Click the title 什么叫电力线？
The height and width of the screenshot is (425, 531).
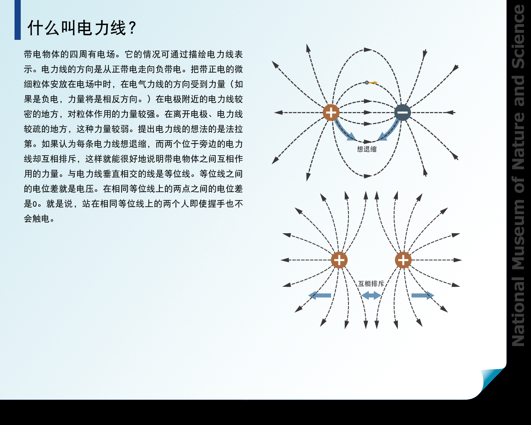82,28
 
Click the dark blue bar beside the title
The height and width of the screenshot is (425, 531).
17,20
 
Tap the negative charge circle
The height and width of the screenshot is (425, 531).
402,112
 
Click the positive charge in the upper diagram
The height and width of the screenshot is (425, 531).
331,112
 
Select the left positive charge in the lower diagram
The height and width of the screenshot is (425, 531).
339,260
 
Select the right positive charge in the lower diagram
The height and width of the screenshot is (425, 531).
403,260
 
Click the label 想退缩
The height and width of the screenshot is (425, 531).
367,149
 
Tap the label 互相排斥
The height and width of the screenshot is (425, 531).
371,284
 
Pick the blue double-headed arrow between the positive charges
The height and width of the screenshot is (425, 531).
371,296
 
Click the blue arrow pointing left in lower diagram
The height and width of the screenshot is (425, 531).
319,296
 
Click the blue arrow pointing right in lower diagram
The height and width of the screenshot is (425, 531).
423,296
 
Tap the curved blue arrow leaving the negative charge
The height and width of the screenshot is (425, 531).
391,130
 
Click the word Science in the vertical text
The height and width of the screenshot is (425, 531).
519,37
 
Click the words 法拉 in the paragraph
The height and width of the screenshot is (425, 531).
234,129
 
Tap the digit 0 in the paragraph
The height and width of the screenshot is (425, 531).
35,204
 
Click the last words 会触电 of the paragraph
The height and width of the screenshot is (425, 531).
37,219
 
